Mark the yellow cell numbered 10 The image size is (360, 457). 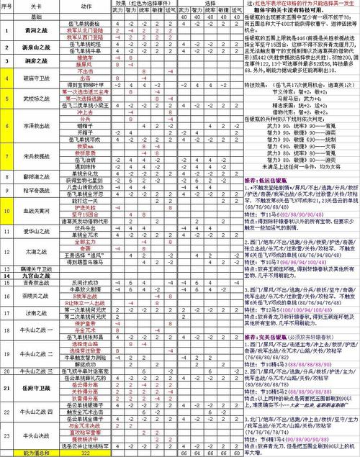(6, 211)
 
